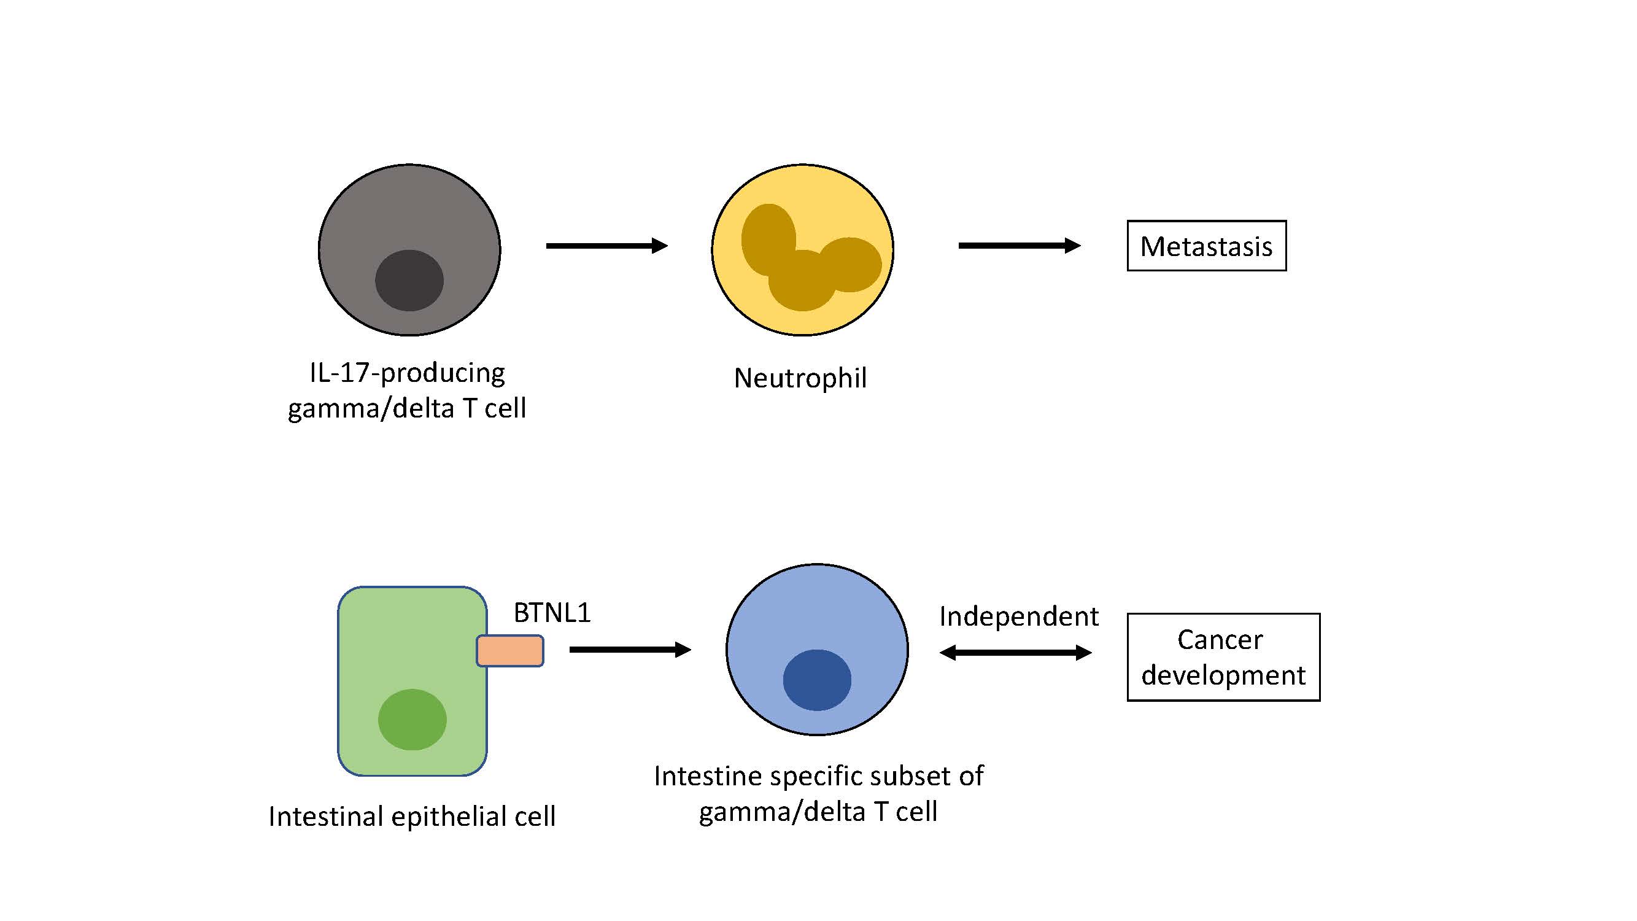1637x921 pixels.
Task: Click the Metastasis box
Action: [1206, 246]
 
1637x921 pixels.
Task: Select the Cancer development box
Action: [1223, 656]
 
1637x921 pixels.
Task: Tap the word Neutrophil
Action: [800, 378]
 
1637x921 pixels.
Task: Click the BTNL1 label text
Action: [552, 613]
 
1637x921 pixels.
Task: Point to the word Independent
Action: [1019, 616]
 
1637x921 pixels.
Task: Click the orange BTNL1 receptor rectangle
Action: [509, 651]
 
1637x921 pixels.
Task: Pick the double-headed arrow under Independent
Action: [1015, 652]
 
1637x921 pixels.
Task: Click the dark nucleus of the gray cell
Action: [409, 281]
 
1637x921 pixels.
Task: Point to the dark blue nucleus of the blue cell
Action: [816, 680]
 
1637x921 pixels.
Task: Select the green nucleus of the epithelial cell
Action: [412, 720]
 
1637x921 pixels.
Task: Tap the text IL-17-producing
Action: [407, 373]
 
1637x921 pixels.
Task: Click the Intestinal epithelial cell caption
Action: [412, 816]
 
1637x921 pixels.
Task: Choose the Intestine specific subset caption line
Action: [819, 776]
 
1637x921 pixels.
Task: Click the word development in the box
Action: [1223, 675]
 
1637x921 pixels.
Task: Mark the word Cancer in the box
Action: [1220, 639]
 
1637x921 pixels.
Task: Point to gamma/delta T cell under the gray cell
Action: [407, 408]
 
